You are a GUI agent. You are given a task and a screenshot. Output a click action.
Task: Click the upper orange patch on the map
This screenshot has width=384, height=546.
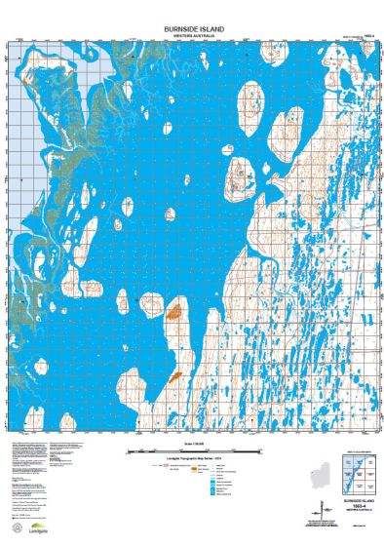pyautogui.click(x=175, y=314)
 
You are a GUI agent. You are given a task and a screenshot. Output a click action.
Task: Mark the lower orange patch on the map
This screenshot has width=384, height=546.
pyautogui.click(x=176, y=374)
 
